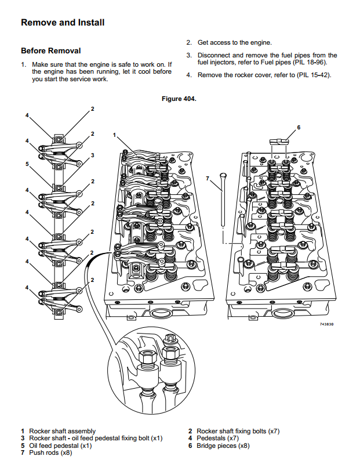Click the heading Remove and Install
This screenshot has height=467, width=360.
click(x=63, y=23)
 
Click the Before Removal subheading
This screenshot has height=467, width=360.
click(x=51, y=51)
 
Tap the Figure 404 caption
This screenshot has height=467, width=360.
click(x=179, y=99)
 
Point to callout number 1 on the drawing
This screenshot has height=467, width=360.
click(x=114, y=135)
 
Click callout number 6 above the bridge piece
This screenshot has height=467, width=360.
click(x=299, y=128)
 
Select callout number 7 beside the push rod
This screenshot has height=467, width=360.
click(x=208, y=179)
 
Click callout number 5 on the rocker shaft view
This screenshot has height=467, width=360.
click(x=27, y=164)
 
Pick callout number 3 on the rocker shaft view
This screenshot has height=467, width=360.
click(x=93, y=155)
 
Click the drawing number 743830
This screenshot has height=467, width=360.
click(x=327, y=324)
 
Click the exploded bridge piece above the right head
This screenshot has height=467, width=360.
click(x=279, y=142)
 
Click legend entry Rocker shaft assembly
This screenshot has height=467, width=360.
click(x=62, y=431)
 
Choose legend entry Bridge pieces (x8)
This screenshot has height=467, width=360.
click(x=223, y=446)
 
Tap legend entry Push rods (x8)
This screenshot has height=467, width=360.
click(x=50, y=452)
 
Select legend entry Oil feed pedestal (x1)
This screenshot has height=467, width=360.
click(x=60, y=446)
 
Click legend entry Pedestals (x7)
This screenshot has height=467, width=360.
click(x=217, y=439)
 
